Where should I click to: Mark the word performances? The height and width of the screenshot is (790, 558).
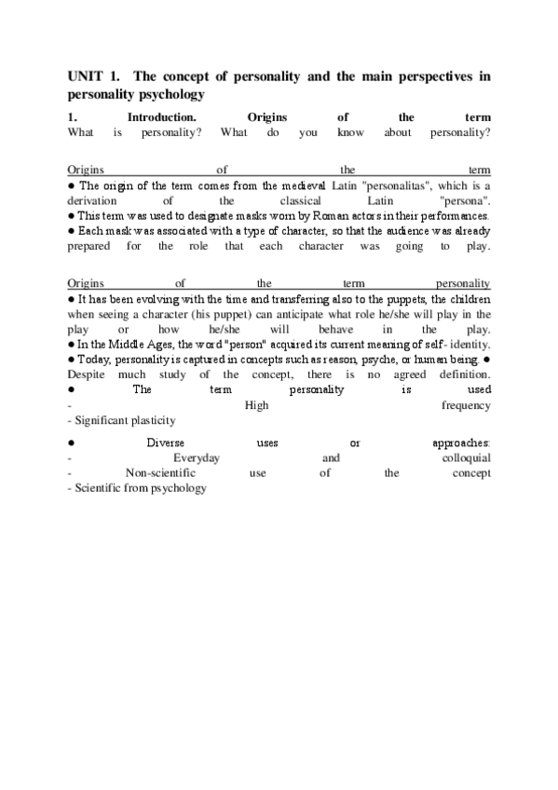456,215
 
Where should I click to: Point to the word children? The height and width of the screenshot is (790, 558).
467,300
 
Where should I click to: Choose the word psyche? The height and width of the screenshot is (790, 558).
385,360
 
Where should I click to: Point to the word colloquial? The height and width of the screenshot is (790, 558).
467,458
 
